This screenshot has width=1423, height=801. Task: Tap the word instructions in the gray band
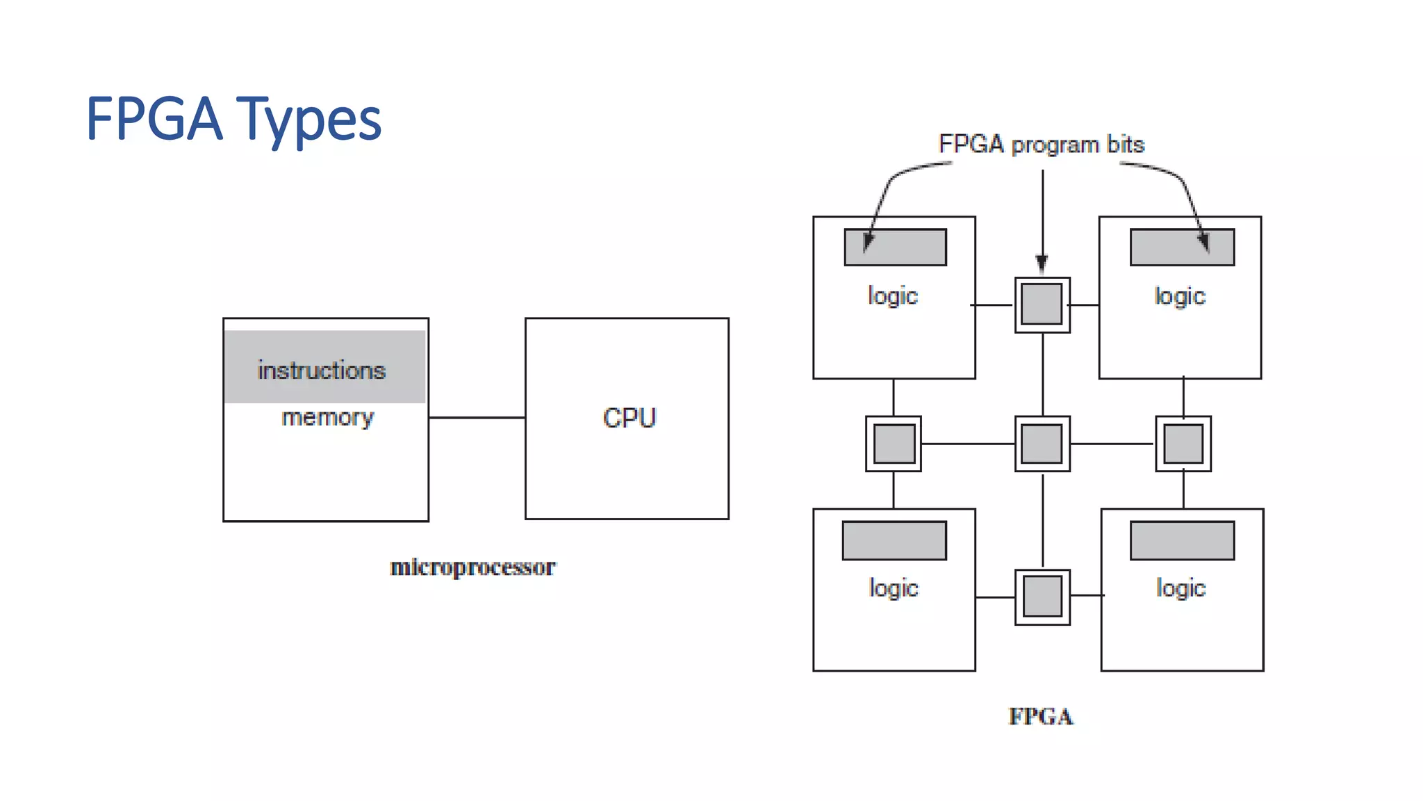321,370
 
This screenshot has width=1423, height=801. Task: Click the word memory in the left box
327,417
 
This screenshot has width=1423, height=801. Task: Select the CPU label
629,418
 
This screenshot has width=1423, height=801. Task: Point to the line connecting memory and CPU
477,417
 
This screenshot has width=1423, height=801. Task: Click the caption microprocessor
472,567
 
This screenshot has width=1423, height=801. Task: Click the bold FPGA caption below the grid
1040,716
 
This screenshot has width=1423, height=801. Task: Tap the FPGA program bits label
1041,145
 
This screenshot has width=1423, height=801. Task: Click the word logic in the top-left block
893,296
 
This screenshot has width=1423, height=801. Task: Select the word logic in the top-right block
1180,296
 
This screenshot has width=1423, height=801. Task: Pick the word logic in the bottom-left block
894,588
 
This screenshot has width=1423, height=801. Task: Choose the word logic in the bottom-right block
1181,588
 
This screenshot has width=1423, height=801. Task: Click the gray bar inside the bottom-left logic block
894,540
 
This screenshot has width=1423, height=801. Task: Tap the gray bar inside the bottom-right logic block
1182,540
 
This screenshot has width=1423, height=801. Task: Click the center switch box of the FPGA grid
1042,444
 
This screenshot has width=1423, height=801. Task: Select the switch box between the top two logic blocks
1042,305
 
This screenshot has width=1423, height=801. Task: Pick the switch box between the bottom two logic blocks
1042,597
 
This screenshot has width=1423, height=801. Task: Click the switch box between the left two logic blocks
894,444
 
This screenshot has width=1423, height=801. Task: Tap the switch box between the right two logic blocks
1183,444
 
